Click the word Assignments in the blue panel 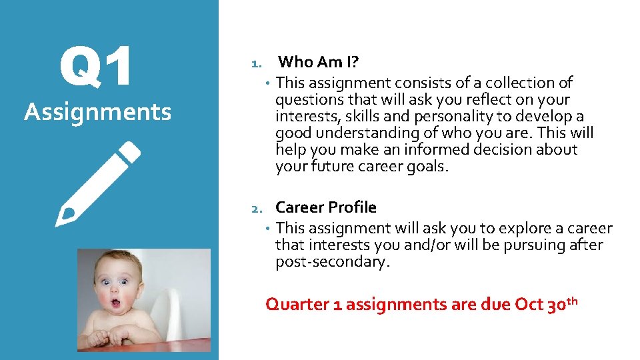[98, 112]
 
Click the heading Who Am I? [319, 62]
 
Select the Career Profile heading [326, 207]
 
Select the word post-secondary [331, 262]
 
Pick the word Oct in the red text [529, 305]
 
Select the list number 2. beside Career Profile [257, 209]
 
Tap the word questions [307, 100]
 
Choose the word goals [427, 167]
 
